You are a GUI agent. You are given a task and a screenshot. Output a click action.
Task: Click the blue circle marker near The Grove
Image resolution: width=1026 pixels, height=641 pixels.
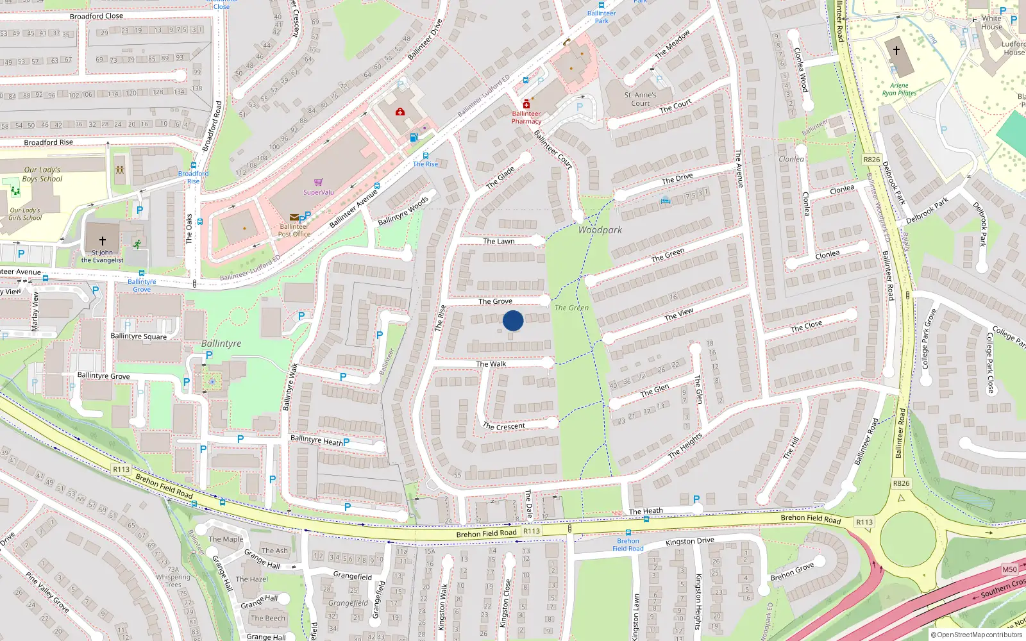pyautogui.click(x=513, y=320)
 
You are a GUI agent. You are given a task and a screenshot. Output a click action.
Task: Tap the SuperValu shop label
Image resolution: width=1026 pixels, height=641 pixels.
pyautogui.click(x=319, y=192)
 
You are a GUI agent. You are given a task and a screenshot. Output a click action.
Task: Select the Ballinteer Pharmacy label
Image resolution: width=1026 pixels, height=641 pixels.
pyautogui.click(x=526, y=117)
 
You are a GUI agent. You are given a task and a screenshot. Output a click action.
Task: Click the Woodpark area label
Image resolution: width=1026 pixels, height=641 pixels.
pyautogui.click(x=600, y=230)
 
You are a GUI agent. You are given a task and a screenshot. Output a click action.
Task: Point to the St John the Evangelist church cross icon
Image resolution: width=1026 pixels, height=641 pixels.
pyautogui.click(x=103, y=241)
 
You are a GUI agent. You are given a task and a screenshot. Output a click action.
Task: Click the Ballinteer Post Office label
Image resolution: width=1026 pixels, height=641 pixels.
pyautogui.click(x=294, y=230)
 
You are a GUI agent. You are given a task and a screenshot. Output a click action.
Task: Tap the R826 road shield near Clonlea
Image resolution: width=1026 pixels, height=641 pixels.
pyautogui.click(x=871, y=160)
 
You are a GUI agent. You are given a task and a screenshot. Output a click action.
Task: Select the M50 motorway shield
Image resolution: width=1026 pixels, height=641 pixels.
pyautogui.click(x=1009, y=569)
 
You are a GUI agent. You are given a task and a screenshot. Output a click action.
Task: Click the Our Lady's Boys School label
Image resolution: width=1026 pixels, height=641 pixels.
pyautogui.click(x=42, y=174)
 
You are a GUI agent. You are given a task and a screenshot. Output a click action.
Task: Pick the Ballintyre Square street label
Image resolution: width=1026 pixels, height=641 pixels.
pyautogui.click(x=139, y=337)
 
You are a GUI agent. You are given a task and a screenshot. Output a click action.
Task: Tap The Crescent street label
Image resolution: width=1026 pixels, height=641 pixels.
pyautogui.click(x=504, y=426)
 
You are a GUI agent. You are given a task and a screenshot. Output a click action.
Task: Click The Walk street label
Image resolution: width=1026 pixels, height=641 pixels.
pyautogui.click(x=491, y=364)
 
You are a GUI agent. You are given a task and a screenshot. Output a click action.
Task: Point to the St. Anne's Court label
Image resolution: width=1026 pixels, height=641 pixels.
pyautogui.click(x=641, y=99)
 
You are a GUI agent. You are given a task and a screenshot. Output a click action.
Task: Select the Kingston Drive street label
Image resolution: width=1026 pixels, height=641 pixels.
pyautogui.click(x=690, y=542)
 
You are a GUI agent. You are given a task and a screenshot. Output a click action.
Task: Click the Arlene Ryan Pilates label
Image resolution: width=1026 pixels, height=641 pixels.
pyautogui.click(x=899, y=89)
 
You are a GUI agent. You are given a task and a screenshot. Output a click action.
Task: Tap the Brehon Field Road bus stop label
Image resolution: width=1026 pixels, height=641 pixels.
pyautogui.click(x=628, y=544)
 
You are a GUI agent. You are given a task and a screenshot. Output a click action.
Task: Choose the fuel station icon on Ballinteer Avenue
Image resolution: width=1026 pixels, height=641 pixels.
pyautogui.click(x=414, y=137)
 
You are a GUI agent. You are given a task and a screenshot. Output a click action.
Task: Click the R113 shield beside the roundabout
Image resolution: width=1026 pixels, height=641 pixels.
pyautogui.click(x=864, y=522)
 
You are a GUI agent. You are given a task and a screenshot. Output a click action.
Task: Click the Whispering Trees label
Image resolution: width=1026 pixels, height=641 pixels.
pyautogui.click(x=173, y=581)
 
